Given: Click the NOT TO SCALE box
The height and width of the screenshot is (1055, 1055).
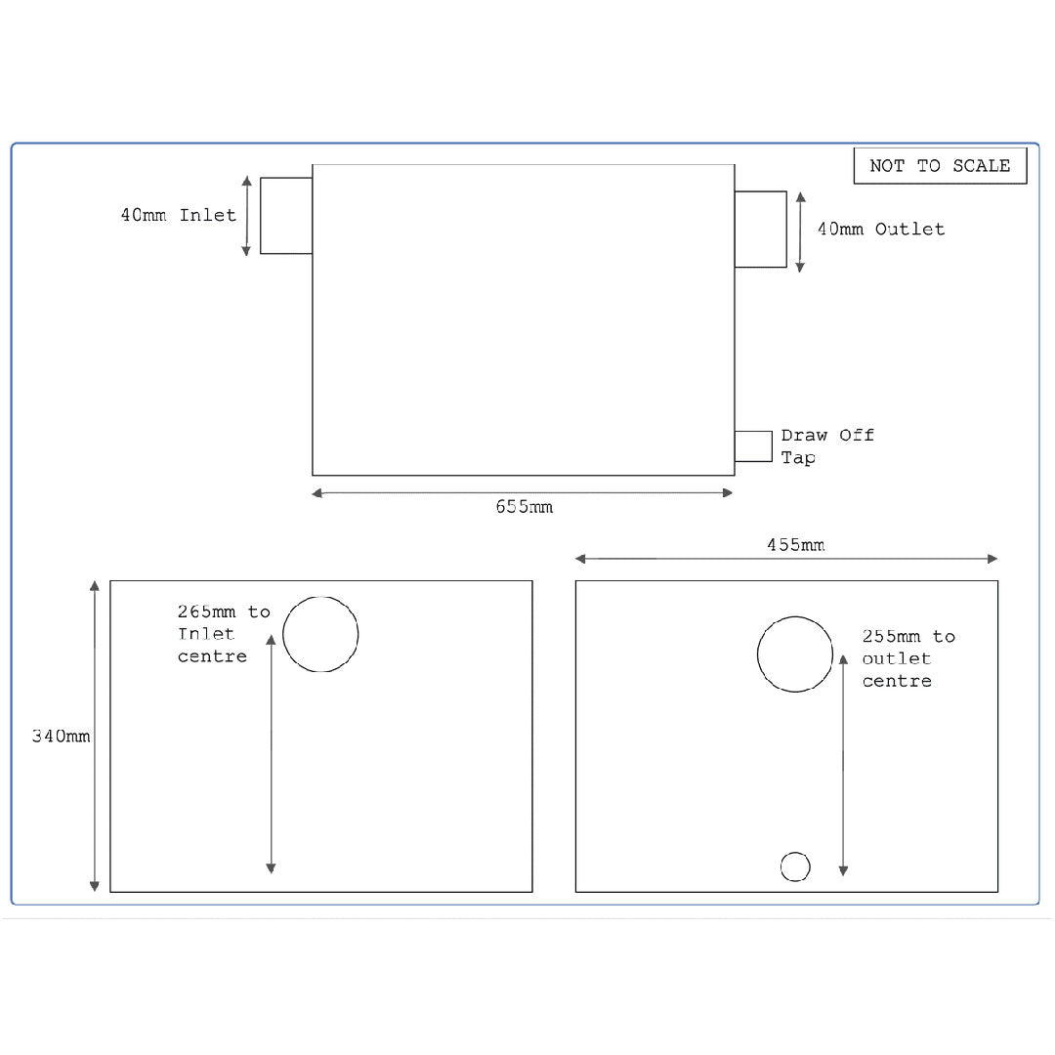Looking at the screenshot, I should pos(940,166).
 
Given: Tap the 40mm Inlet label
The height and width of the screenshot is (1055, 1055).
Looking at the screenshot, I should pos(179,215).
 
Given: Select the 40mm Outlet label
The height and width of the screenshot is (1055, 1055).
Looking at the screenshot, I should pos(881,230).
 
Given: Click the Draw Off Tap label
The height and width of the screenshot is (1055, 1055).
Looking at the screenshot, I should pos(826,446).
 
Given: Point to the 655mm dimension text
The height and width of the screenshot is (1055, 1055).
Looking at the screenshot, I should pos(524,507).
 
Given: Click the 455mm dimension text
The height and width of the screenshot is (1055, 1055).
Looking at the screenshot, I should pos(795,544).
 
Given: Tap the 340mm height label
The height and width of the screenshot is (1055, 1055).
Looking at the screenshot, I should pos(61,737).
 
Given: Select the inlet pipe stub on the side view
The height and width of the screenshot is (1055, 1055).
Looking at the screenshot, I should pos(286,216).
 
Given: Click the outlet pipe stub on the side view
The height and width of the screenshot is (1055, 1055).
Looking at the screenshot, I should pos(760,230).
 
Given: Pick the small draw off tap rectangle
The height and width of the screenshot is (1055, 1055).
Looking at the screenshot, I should pos(753,446).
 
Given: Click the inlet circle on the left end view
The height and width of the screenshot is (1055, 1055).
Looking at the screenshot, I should pos(320,634).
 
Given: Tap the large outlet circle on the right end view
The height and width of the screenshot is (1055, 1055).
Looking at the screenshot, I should pos(795,654).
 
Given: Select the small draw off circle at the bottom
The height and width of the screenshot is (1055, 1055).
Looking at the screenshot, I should pos(795,866).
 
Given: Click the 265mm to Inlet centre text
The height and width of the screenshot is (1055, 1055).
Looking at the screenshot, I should pos(223,634).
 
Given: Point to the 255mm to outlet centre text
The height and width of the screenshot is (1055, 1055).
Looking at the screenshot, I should pos(907,659).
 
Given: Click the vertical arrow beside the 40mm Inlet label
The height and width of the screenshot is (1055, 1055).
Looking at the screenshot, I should pos(246,216).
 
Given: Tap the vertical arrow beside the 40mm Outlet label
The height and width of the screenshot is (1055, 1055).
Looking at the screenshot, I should pos(800,232).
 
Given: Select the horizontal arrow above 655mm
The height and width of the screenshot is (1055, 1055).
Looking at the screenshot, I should pos(523,493).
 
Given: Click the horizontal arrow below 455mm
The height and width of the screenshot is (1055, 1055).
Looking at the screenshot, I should pos(786,559).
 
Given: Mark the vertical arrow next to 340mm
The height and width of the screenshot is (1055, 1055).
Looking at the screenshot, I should pos(95,737).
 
